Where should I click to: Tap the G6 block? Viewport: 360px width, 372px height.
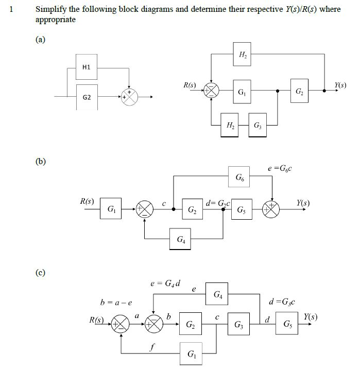click(x=239, y=178)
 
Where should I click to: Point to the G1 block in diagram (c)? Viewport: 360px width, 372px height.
click(x=191, y=354)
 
